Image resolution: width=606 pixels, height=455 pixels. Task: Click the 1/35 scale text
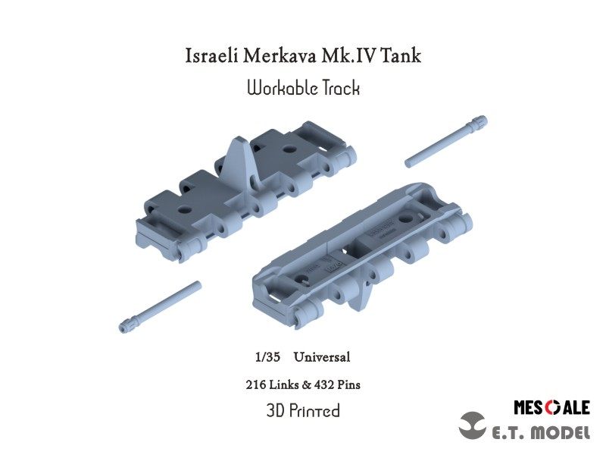267,356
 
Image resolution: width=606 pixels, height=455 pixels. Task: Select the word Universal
322,356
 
